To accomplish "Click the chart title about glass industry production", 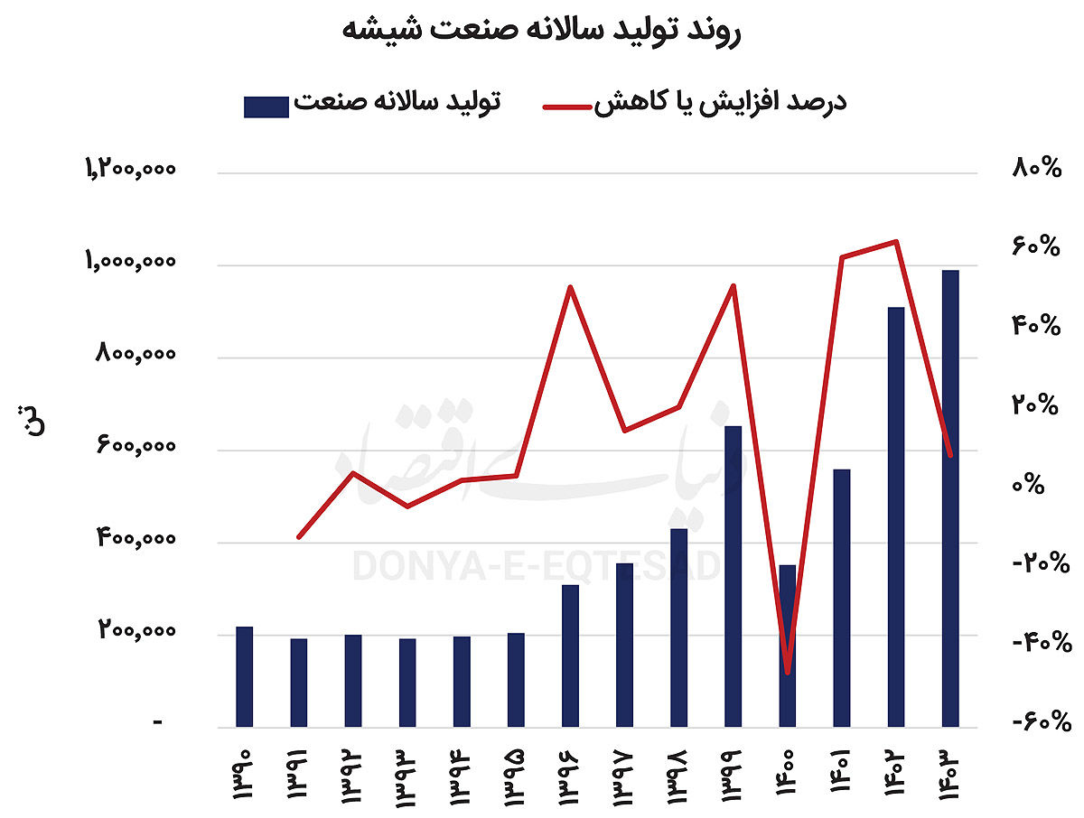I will coord(541,30).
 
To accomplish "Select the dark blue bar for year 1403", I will coord(949,497).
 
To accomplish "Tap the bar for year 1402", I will coord(895,516).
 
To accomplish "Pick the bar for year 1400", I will coord(788,646).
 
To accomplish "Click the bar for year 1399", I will coord(733,576).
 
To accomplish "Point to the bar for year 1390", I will coord(244,676).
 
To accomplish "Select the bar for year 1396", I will coord(570,655).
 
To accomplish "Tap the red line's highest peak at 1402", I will coord(895,241).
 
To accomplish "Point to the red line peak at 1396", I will coord(570,287).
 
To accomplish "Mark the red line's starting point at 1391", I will coord(299,537).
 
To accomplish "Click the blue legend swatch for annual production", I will coord(266,106).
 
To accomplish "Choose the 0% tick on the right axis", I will coord(1045,485).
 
